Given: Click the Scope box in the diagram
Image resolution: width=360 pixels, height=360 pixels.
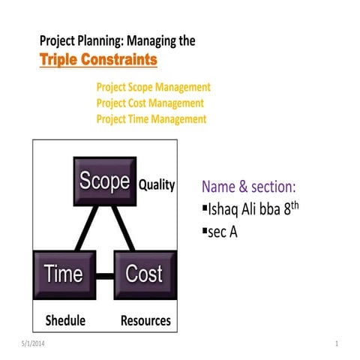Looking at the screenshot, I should [105, 181].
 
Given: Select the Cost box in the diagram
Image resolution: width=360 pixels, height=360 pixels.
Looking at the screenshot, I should [144, 274].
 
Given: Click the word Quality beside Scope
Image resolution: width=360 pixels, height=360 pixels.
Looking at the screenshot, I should [157, 184].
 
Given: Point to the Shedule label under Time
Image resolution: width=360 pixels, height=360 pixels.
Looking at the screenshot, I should [66, 321].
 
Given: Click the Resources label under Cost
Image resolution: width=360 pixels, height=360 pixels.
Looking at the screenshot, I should [145, 321].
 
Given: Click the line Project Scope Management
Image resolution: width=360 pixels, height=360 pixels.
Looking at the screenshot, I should [154, 87].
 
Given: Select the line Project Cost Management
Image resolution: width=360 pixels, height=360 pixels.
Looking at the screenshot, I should [150, 103].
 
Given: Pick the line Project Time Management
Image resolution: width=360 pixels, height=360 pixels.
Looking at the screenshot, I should [151, 118].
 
